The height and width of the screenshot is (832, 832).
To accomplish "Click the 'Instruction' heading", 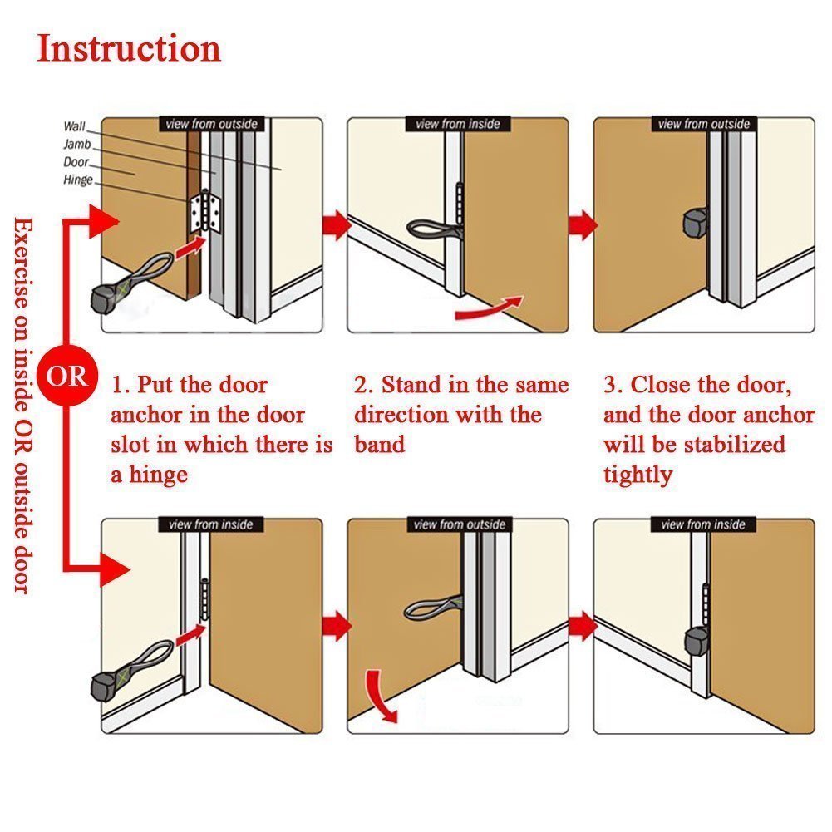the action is [x=129, y=48].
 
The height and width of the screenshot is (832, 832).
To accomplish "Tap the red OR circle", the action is [x=66, y=377].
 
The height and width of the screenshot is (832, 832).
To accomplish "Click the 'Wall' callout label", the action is [x=74, y=126].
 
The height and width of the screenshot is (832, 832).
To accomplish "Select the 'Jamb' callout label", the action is [x=77, y=145].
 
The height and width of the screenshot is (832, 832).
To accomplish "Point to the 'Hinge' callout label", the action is [x=78, y=180].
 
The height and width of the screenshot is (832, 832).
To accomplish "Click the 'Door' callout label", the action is [x=76, y=162].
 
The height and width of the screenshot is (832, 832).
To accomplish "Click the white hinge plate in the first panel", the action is [x=204, y=211].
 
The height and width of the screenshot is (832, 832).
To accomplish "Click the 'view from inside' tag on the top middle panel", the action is [x=458, y=124].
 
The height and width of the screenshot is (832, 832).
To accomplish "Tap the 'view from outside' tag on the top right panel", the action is [x=704, y=124].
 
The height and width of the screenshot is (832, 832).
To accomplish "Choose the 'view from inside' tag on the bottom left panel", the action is [x=210, y=524].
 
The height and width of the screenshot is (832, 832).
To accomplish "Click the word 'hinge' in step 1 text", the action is [x=158, y=475].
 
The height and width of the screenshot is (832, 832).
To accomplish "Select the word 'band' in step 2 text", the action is [x=379, y=444].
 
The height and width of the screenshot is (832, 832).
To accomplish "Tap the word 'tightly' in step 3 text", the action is [x=638, y=475].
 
